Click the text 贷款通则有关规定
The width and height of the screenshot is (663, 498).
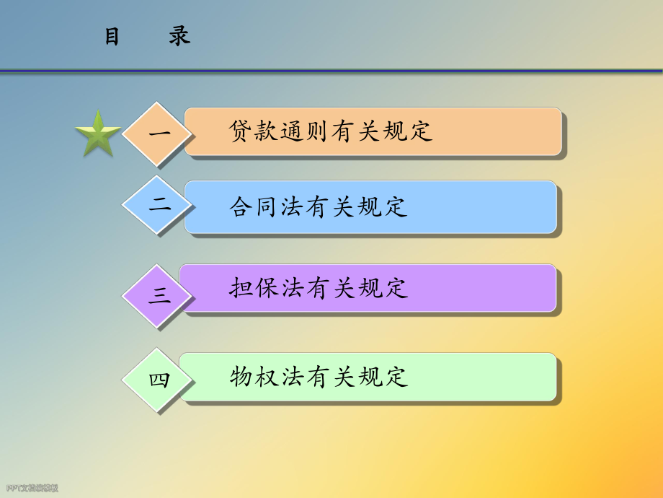[331, 131]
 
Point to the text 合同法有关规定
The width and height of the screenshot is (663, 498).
[319, 207]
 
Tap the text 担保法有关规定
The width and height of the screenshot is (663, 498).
[319, 288]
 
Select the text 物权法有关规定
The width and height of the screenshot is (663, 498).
[319, 377]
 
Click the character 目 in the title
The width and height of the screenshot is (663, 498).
[112, 37]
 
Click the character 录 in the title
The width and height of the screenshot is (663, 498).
[179, 37]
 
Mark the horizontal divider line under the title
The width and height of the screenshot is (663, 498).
[331, 71]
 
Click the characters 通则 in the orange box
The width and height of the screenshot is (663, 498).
[306, 131]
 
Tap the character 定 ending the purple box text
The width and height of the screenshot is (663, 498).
[396, 288]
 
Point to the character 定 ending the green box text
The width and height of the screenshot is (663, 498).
[396, 377]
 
